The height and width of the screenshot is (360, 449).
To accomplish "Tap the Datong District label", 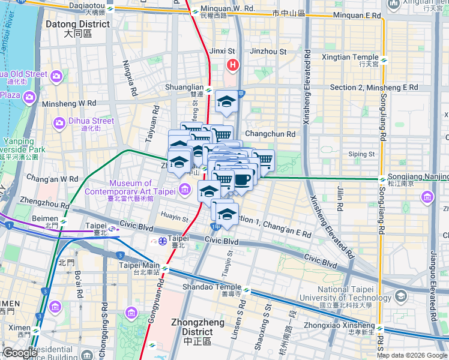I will pos(77,29).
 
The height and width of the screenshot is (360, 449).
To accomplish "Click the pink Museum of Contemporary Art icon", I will pos(185,191).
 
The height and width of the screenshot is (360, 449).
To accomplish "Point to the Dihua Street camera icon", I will pos(59,123).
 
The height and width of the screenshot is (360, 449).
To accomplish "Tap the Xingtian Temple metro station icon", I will pos(383,60).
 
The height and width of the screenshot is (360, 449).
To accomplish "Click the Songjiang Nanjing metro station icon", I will pos(382,179).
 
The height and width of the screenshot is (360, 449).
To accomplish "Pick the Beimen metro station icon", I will pos(64,221).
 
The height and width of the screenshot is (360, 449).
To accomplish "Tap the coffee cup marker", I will pos(242,180).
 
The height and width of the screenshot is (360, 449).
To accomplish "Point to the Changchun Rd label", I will pos(270,134).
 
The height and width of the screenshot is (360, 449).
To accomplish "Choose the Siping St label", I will pos(361,154).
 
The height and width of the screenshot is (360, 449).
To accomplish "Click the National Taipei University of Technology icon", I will pos(400,296).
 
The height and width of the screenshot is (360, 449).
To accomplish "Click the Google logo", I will pos(20,353).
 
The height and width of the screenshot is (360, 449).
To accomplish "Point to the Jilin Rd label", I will pos(340,199).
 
